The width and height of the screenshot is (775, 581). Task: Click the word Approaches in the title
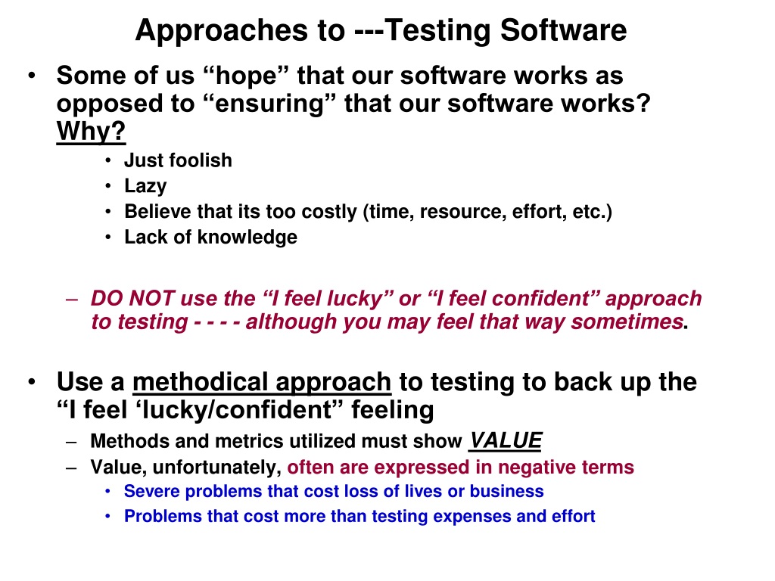(223, 31)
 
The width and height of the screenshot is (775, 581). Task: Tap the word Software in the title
(563, 30)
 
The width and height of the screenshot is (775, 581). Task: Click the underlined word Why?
(91, 132)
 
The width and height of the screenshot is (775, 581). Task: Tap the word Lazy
(145, 186)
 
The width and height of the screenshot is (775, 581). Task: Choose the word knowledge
(247, 237)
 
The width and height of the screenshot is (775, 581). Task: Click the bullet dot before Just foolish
(108, 160)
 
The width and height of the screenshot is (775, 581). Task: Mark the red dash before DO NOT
(72, 300)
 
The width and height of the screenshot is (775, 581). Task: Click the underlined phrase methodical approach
(262, 382)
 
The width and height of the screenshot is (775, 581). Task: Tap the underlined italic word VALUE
(506, 440)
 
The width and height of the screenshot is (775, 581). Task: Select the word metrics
(251, 441)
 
